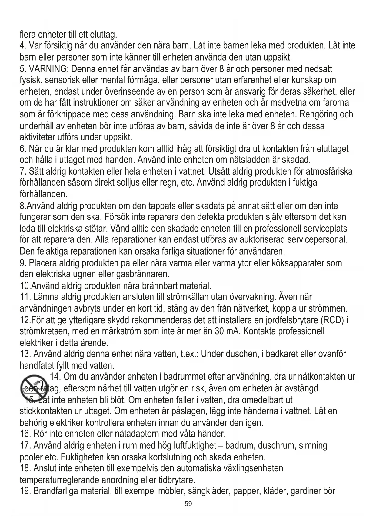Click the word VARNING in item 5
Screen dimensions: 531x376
(x=48, y=69)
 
